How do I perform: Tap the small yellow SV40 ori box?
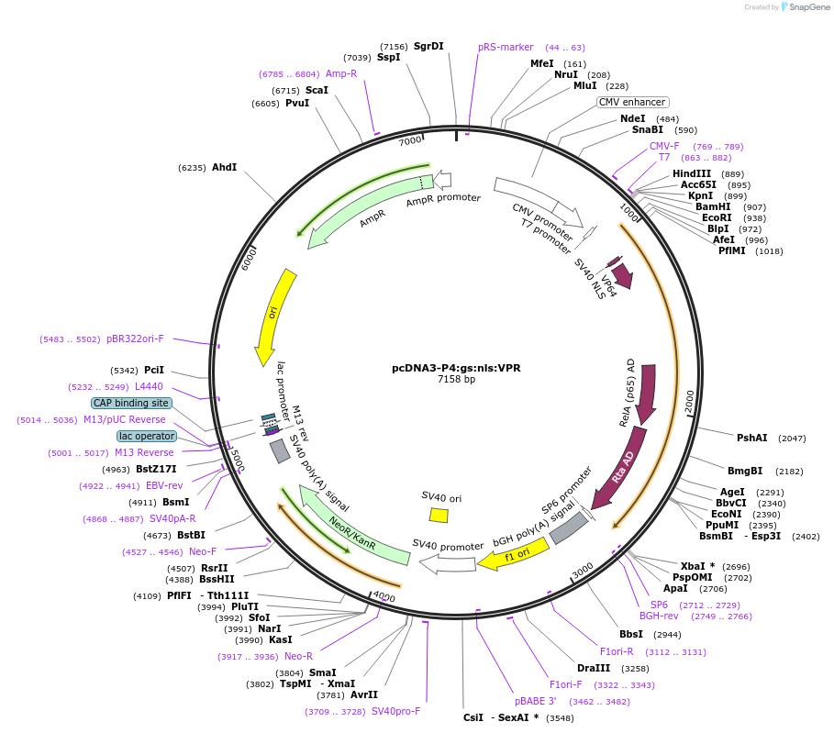[439, 515]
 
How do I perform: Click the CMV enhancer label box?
[633, 102]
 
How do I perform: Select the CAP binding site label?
[130, 403]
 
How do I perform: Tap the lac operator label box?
[146, 436]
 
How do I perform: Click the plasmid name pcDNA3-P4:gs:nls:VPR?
[456, 368]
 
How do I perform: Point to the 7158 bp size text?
[456, 379]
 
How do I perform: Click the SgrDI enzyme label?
[428, 46]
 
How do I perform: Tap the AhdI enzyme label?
[224, 167]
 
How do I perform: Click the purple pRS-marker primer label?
[506, 47]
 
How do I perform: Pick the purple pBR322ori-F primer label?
[135, 339]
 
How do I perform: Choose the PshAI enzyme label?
[751, 438]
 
